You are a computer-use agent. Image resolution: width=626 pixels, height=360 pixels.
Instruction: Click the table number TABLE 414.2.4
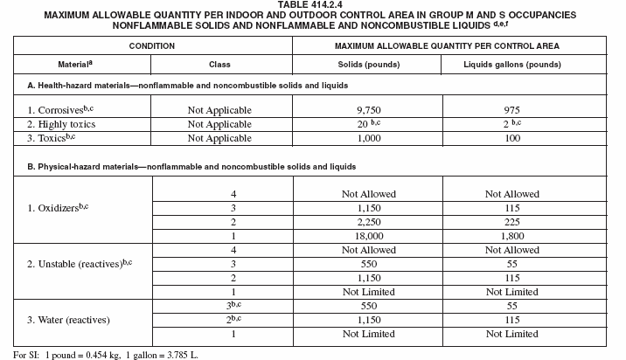point(313,5)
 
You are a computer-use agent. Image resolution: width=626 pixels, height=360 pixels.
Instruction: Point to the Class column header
point(219,65)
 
